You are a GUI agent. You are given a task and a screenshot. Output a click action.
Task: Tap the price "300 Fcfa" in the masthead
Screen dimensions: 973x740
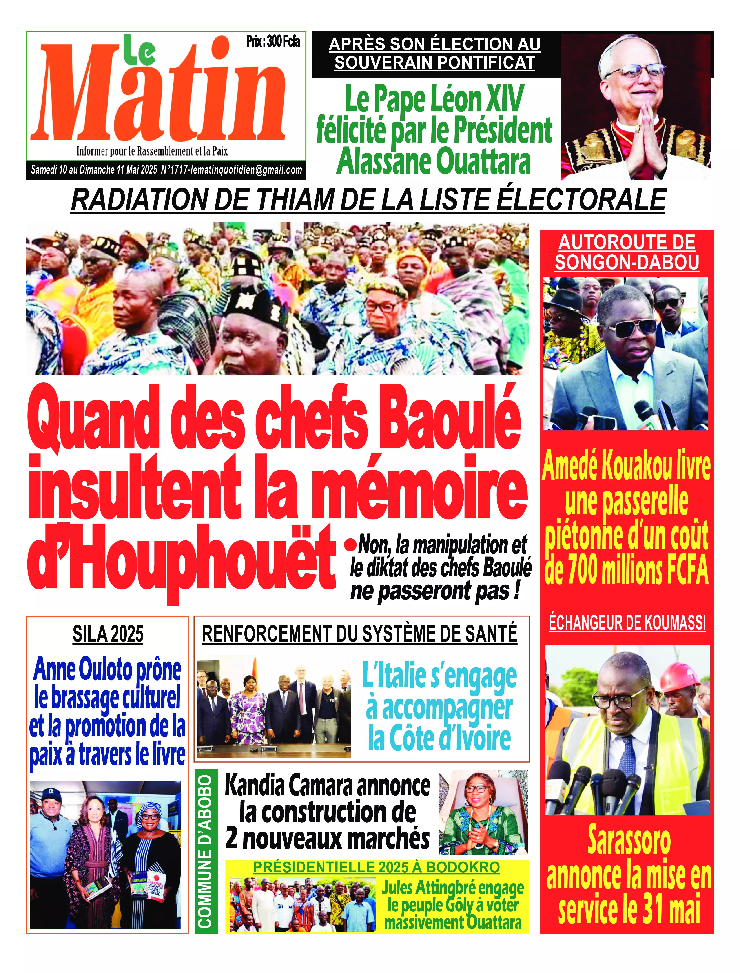click(x=283, y=42)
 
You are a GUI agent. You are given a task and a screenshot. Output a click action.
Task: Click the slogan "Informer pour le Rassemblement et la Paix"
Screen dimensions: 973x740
click(x=152, y=151)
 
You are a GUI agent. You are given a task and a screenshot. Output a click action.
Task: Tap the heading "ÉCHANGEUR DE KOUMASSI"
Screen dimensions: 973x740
click(x=627, y=623)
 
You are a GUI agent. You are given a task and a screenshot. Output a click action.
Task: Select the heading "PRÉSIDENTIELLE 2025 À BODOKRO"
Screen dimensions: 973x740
click(x=377, y=867)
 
